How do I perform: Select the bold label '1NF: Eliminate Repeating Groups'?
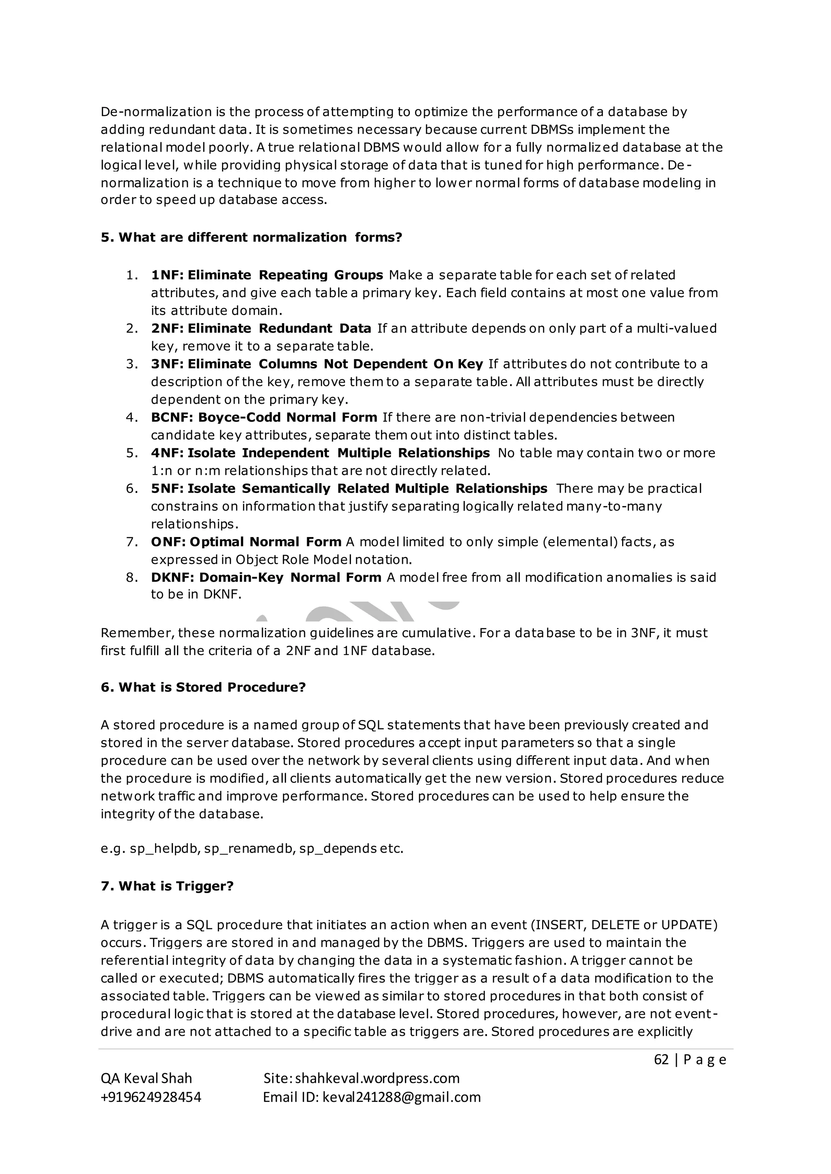click(x=267, y=275)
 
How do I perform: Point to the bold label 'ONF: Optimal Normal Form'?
click(x=245, y=542)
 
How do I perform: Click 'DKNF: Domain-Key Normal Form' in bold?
click(x=266, y=577)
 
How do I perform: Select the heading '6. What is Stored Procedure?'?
click(x=203, y=687)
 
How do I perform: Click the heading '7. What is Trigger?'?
click(x=167, y=886)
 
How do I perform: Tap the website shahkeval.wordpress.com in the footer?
click(x=377, y=1078)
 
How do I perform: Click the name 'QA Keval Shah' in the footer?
click(x=146, y=1078)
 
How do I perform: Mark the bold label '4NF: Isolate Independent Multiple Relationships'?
click(x=320, y=453)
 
